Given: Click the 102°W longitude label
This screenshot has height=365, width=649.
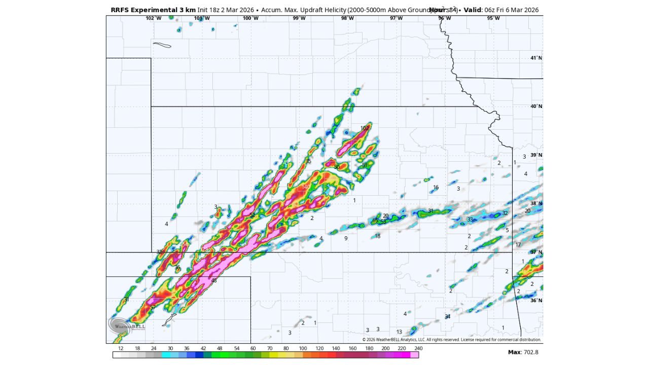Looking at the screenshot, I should coord(153,18).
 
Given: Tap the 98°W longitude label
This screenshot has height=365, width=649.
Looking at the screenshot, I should coord(347,18).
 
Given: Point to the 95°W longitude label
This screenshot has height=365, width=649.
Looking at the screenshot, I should coord(493,18).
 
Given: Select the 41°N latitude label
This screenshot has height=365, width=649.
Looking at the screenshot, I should coord(536,58).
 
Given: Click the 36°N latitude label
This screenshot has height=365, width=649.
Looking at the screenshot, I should coord(536,300).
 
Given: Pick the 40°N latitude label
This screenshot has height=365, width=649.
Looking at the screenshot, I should coord(536,106).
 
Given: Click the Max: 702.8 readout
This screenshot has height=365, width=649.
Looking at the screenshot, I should coord(523,352).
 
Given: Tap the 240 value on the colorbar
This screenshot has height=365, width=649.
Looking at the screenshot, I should coord(418,348).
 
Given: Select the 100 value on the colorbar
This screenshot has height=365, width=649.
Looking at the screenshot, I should coord(303,348).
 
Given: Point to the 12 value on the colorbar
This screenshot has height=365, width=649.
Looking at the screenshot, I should coord(121,348).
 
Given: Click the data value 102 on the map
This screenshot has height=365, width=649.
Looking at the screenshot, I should coord(365,128).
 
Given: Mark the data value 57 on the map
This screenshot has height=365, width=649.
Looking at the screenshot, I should coord(153,308).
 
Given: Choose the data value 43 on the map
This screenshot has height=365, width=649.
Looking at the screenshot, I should coord(213,280).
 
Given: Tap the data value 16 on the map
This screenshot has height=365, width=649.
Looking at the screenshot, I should coord(436,188).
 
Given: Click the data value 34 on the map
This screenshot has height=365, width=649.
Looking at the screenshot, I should coord(447,317).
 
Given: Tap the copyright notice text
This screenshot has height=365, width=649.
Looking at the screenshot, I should coord(451,340).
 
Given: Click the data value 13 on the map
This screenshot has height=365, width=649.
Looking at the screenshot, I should coord(399,332).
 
